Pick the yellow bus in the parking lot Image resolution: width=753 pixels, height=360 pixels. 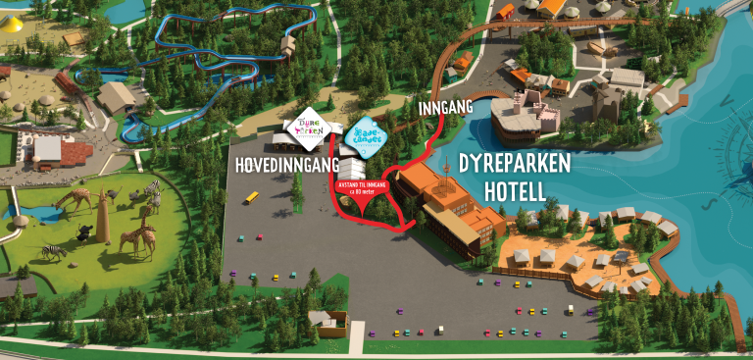click(x=252, y=197)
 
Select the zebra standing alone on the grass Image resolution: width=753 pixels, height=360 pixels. click(x=54, y=250)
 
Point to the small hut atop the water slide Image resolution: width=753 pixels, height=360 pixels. click(x=287, y=45)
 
